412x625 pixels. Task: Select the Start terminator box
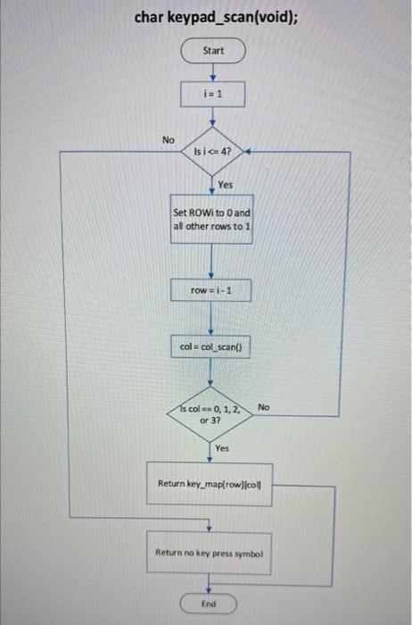coord(212,51)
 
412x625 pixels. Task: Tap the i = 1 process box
coord(212,94)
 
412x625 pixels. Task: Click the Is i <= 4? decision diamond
coord(212,153)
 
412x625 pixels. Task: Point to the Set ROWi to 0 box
coord(212,220)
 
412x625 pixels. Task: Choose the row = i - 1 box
coord(212,291)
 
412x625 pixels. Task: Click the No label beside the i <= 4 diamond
coord(168,139)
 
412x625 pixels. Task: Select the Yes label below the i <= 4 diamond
coord(226,185)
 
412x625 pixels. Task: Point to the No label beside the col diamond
coord(263,407)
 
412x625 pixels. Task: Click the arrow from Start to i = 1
coord(212,72)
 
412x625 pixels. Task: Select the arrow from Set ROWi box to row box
coord(212,262)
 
